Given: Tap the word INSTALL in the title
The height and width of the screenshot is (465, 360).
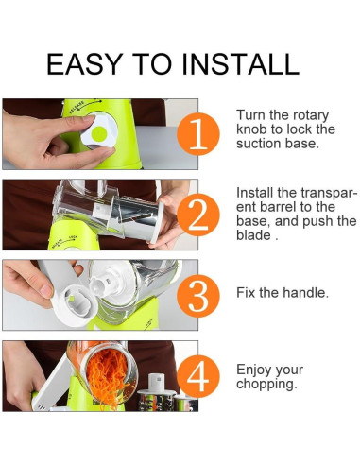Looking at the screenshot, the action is pyautogui.click(x=240, y=64).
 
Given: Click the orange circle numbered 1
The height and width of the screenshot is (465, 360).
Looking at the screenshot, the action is pyautogui.click(x=198, y=134).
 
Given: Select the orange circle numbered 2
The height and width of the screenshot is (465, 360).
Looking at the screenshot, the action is pyautogui.click(x=198, y=215).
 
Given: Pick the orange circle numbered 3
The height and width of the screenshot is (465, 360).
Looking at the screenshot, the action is pyautogui.click(x=198, y=296).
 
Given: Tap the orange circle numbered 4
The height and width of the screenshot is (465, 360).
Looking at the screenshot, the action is pyautogui.click(x=198, y=376).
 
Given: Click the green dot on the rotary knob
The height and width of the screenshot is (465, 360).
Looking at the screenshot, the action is pyautogui.click(x=99, y=134).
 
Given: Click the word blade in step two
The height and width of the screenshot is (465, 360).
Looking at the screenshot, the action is pyautogui.click(x=253, y=235).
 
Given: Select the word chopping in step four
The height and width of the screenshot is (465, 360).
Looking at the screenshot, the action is pyautogui.click(x=266, y=385).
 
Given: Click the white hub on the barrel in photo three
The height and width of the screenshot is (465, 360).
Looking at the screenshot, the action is pyautogui.click(x=100, y=284).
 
